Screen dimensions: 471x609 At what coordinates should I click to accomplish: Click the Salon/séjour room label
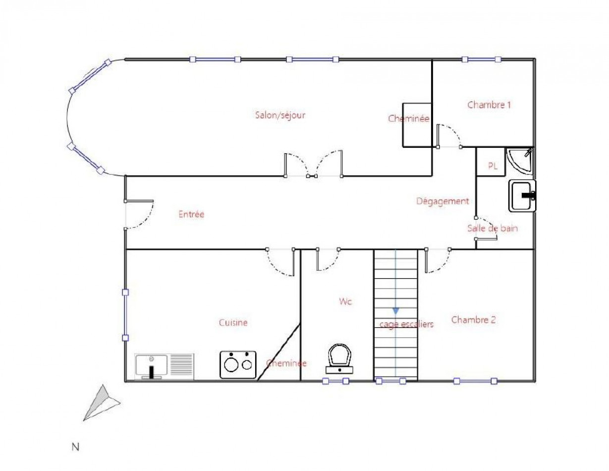[x=280, y=115]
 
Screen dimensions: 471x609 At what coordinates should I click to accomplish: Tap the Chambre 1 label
[x=489, y=105]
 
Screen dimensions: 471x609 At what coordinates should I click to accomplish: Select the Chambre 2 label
[x=473, y=320]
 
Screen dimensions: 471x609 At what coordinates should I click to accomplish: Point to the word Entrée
[x=191, y=214]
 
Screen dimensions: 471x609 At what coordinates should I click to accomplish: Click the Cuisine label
[x=233, y=322]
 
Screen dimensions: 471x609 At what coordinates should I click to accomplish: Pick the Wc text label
[x=345, y=301]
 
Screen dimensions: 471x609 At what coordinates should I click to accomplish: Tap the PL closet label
[x=493, y=166]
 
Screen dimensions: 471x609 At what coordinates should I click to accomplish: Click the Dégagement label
[x=442, y=201]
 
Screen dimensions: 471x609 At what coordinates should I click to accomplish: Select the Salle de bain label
[x=492, y=229]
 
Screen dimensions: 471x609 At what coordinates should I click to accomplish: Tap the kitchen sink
[x=164, y=366]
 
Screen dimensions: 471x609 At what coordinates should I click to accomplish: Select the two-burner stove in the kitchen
[x=238, y=364]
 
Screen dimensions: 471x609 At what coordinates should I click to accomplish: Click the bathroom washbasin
[x=522, y=196]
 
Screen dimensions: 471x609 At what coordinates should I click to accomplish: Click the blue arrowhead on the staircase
[x=395, y=310]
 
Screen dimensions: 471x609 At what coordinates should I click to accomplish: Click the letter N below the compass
[x=75, y=447]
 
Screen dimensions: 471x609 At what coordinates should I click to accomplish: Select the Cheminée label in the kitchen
[x=286, y=363]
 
